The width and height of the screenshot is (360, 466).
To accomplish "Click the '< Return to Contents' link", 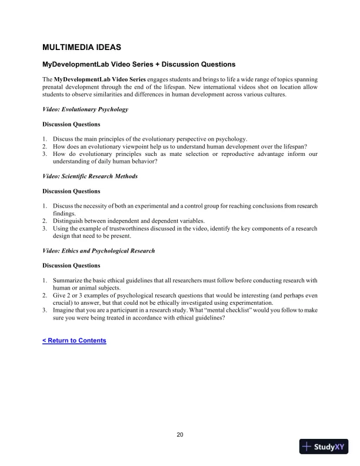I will pos(74,341).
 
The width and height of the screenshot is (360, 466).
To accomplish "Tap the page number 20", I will pos(180,435).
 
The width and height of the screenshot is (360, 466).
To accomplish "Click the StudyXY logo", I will pos(324,447).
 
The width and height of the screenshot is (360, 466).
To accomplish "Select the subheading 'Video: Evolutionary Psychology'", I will pos(85,109).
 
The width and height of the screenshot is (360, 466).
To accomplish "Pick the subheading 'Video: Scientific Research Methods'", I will pos(90,176).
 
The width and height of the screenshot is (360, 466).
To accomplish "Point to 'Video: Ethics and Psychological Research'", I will pos(99,251).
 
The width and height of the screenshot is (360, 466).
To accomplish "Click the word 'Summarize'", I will pos(69,280).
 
